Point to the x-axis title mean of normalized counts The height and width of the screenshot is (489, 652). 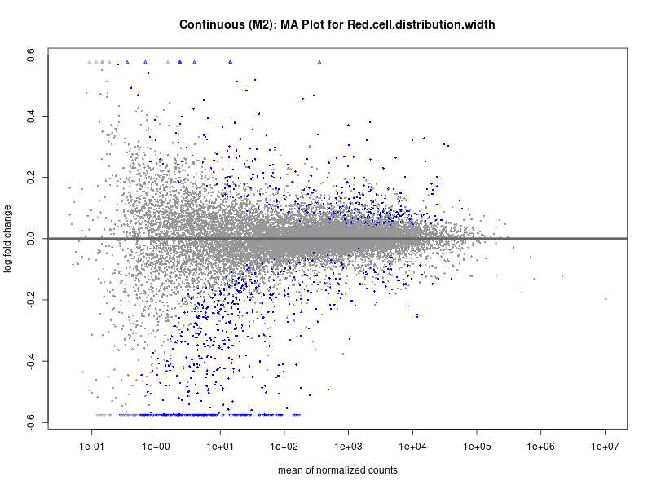(337, 470)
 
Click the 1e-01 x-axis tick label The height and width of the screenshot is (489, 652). (92, 447)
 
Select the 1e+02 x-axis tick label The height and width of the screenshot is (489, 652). (284, 447)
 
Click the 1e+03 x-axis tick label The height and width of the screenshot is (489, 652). (349, 447)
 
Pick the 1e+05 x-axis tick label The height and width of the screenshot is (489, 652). (477, 447)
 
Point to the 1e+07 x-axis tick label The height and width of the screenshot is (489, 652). (606, 447)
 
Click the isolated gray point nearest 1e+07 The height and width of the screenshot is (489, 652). (606, 299)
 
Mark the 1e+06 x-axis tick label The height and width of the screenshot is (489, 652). (541, 447)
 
